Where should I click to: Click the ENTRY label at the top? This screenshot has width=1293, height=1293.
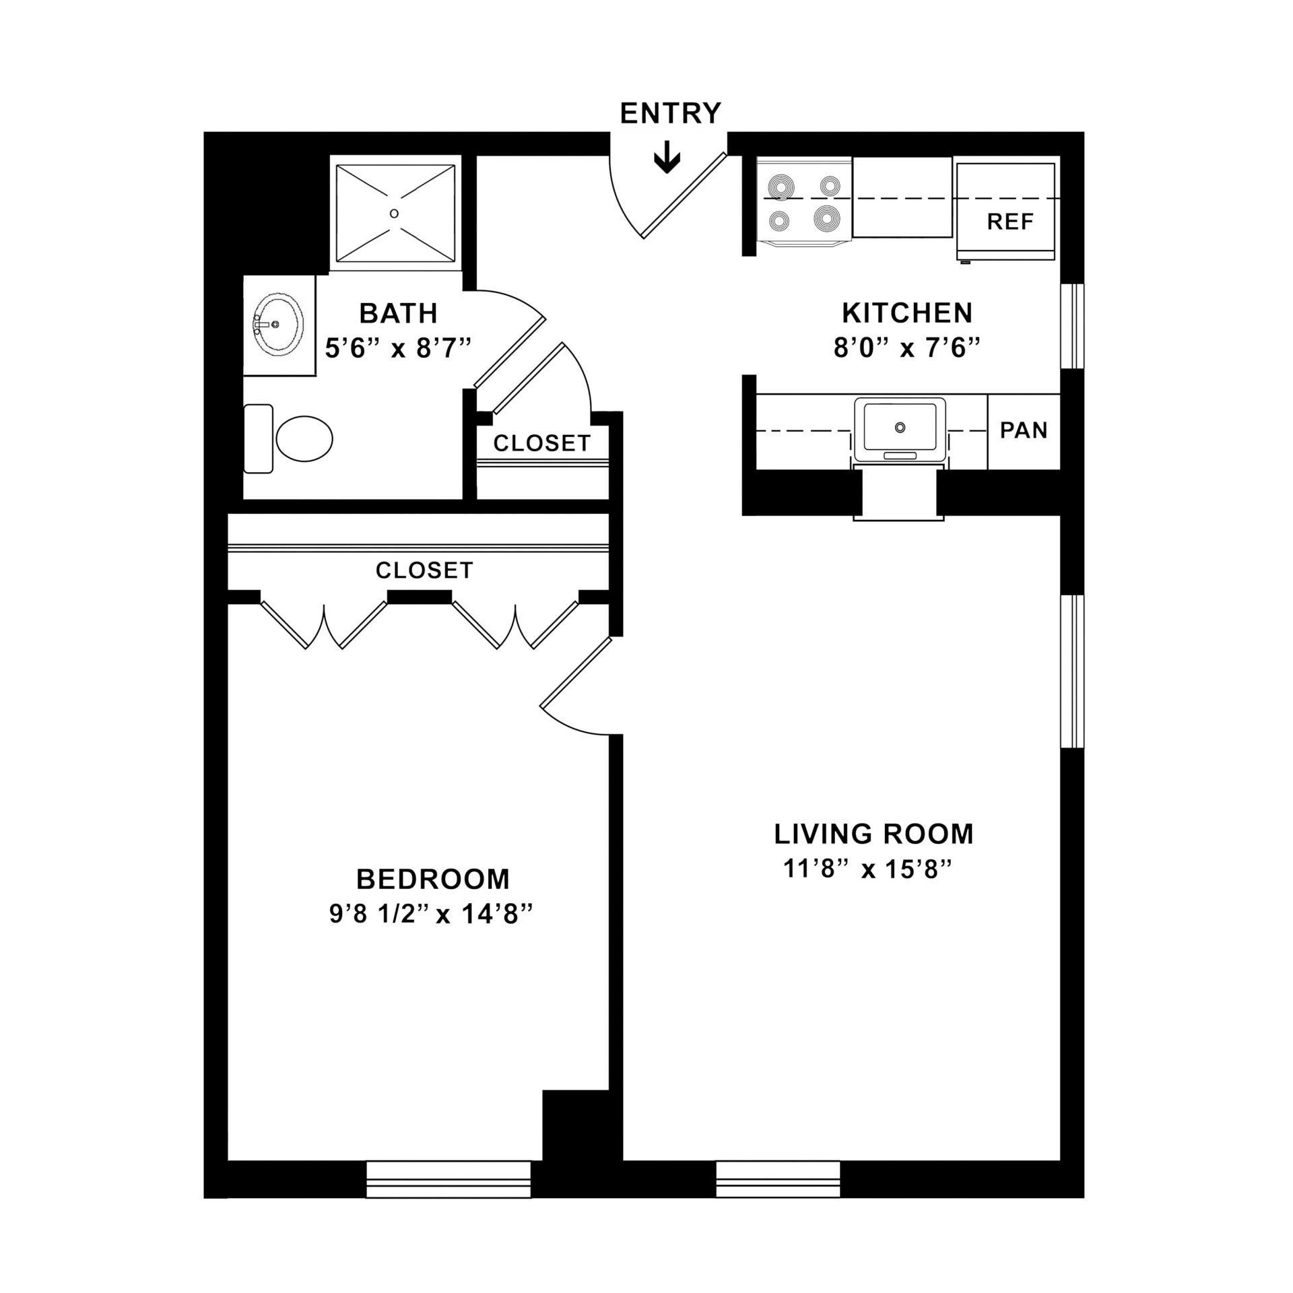(670, 113)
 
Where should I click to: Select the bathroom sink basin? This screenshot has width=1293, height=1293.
(277, 325)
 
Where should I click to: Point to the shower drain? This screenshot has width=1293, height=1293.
(395, 213)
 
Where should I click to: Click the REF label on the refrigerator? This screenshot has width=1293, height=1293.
(1010, 222)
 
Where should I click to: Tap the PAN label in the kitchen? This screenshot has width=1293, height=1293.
(1024, 430)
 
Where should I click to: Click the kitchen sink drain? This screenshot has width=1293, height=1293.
(900, 427)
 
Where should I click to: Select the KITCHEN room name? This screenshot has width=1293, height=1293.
(907, 313)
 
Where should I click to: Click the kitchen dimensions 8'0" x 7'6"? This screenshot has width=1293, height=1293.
(906, 349)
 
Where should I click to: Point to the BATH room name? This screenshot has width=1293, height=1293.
(398, 313)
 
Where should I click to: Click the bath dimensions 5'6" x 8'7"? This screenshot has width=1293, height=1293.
(397, 349)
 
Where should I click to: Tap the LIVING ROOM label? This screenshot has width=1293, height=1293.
(873, 834)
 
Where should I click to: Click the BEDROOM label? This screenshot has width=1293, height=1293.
(433, 880)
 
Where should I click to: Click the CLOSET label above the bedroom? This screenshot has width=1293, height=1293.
(424, 570)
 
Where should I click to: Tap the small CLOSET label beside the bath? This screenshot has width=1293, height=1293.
(542, 443)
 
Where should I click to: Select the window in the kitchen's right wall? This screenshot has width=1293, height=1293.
(1072, 326)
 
